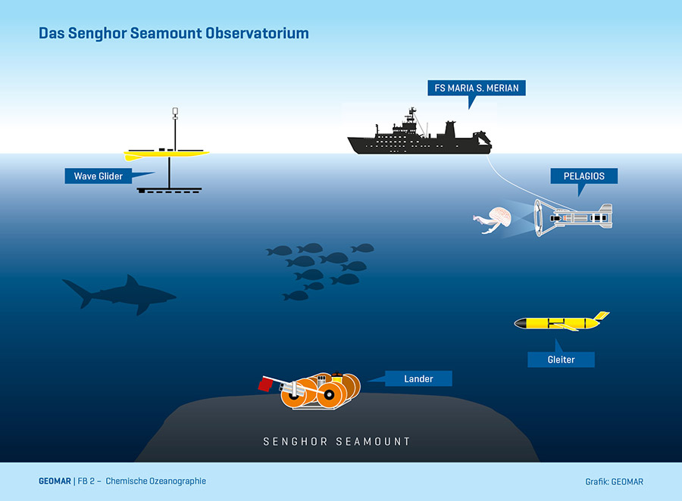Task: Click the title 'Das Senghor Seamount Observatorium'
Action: (174, 34)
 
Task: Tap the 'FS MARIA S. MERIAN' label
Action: (476, 89)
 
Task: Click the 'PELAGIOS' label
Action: (583, 176)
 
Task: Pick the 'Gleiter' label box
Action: (561, 359)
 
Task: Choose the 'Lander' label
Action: (418, 378)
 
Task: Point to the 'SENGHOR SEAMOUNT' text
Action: (336, 441)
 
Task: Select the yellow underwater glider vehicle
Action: (557, 324)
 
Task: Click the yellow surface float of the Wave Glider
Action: (168, 154)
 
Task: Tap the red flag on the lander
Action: (265, 384)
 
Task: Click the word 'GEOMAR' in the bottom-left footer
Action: (54, 481)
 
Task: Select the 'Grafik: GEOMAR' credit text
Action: (614, 481)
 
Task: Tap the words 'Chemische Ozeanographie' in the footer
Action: (155, 481)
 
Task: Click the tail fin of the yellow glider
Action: (600, 316)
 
